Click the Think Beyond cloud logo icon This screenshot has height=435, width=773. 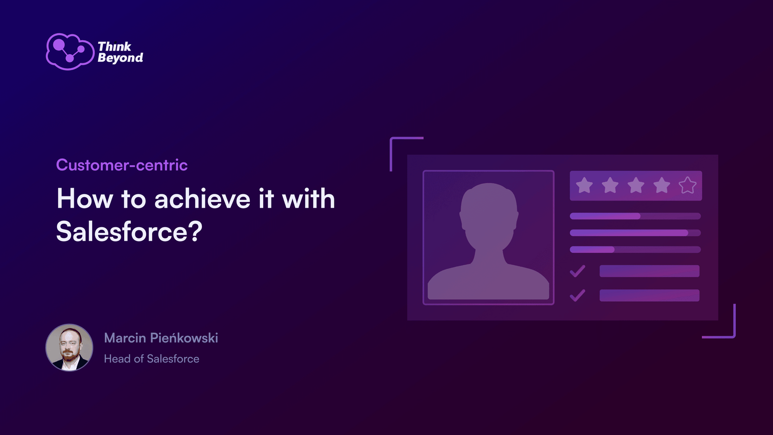coord(70,52)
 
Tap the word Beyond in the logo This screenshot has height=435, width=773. coord(120,58)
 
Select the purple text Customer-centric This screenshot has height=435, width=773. coord(122,165)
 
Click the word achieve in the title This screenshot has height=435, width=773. coord(202,199)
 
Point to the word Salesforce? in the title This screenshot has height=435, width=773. coord(129,231)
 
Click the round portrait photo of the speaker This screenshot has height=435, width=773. coord(70,348)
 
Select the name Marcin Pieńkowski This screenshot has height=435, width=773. coord(161,338)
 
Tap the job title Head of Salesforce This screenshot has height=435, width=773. coord(152,359)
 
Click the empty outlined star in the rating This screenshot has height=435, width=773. coord(687,186)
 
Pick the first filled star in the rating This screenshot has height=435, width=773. coord(584,186)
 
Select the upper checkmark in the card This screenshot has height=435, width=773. coord(577,271)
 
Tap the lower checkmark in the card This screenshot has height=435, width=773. coord(577,295)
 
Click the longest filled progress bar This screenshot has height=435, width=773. coord(629,233)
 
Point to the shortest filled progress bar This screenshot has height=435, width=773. coord(592,249)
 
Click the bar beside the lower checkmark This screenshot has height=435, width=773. coord(649,295)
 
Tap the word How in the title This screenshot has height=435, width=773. coord(85,199)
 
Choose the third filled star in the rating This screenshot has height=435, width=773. coord(636,186)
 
